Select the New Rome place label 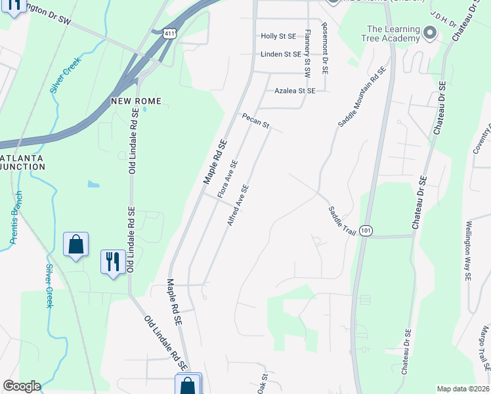click(136, 101)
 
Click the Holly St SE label click(278, 37)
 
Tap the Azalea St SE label click(295, 91)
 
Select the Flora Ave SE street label click(227, 179)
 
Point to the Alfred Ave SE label click(238, 206)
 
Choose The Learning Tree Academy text click(393, 33)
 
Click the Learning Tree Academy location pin click(430, 32)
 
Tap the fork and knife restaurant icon click(113, 261)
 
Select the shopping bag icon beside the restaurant click(76, 245)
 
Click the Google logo click(22, 386)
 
